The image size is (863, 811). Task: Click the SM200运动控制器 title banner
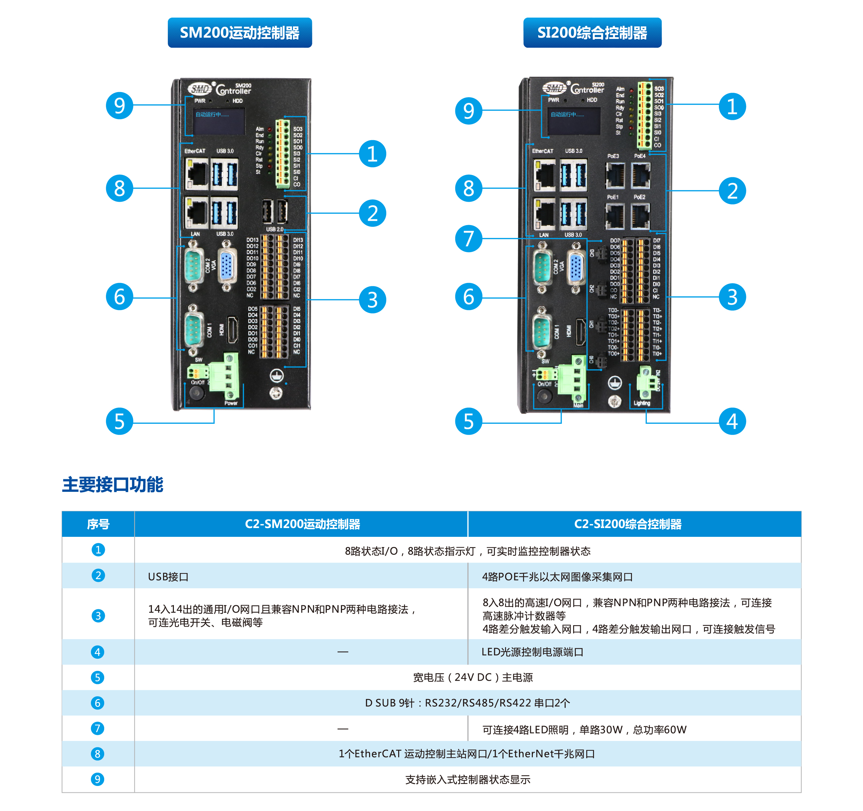tap(240, 32)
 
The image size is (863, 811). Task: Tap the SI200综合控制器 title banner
tap(592, 32)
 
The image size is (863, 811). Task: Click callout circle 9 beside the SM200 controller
tap(119, 106)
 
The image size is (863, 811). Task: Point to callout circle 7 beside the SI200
tap(469, 239)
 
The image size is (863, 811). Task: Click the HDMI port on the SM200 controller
tap(232, 330)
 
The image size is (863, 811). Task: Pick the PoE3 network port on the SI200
tap(615, 175)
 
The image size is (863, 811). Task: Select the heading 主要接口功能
tap(112, 484)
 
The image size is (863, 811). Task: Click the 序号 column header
tap(98, 524)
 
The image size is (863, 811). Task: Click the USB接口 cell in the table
tap(168, 577)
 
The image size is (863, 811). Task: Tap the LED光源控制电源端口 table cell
tap(532, 652)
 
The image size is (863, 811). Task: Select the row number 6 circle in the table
tap(98, 703)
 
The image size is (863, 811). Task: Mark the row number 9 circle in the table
tap(98, 779)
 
